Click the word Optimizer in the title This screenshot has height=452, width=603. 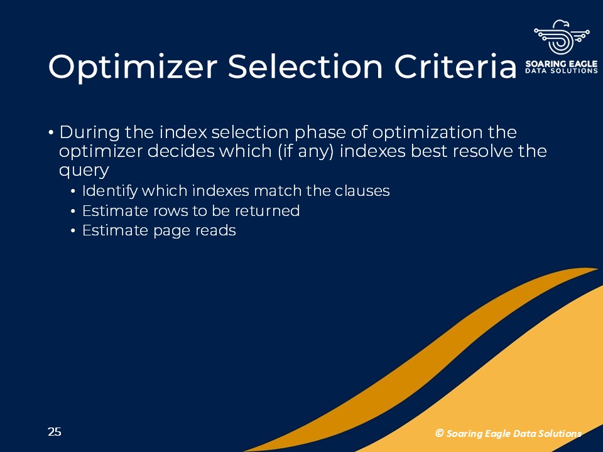[133, 67]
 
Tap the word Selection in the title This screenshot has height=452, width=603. [305, 67]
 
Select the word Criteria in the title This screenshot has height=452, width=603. [455, 67]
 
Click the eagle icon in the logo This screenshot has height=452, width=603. [562, 37]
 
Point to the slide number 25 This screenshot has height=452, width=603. [55, 432]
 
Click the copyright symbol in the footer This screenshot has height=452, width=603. [440, 433]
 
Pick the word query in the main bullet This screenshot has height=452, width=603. [84, 170]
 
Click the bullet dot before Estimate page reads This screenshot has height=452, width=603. [73, 231]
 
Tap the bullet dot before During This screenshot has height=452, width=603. [51, 132]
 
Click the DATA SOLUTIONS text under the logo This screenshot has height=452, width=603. [562, 71]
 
